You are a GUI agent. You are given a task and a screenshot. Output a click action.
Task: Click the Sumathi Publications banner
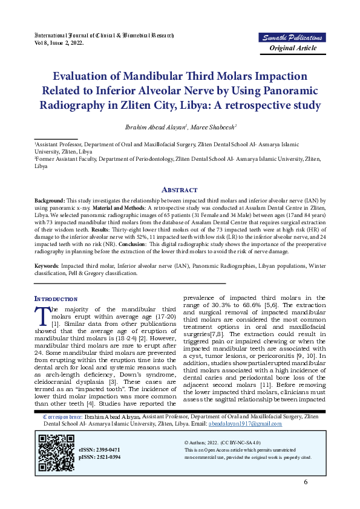(x=293, y=38)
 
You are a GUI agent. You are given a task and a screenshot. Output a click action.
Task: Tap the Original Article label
(x=293, y=48)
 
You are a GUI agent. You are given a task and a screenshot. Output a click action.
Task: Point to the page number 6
(x=306, y=482)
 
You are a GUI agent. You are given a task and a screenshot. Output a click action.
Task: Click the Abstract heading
(x=180, y=189)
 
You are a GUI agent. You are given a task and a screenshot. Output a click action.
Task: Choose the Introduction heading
(x=56, y=299)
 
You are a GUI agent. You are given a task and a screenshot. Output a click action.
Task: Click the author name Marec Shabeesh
(x=212, y=127)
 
